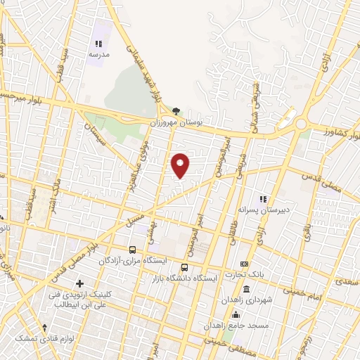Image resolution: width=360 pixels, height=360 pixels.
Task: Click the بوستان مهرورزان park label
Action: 175,122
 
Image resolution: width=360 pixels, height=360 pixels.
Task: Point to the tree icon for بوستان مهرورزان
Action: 175,110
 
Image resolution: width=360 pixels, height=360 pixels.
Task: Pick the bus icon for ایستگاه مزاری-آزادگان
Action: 133,250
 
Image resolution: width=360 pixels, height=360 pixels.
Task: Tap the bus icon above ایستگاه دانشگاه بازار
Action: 184,267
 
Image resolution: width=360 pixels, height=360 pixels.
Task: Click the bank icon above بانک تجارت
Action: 244,263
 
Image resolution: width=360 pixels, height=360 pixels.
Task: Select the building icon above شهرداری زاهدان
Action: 246,290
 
